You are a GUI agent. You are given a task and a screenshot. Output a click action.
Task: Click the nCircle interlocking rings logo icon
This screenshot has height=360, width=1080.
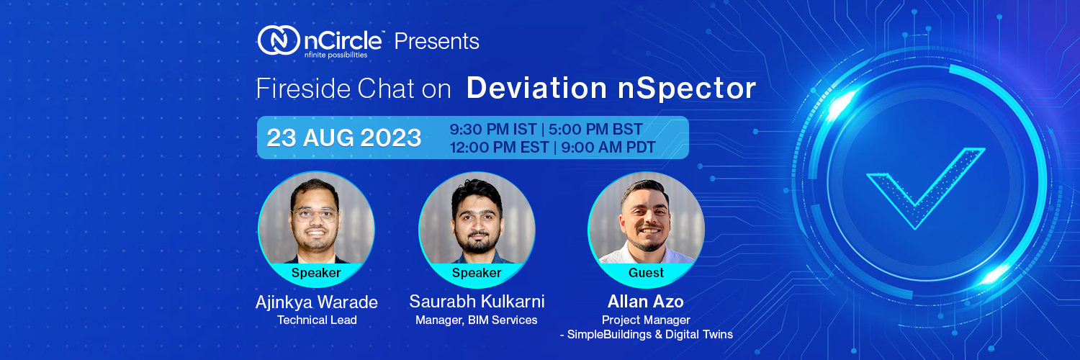click(x=278, y=40)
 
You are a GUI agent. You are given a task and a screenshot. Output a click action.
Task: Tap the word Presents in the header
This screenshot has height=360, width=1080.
click(x=436, y=41)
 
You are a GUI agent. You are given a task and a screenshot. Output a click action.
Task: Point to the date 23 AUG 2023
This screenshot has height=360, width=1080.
click(x=343, y=138)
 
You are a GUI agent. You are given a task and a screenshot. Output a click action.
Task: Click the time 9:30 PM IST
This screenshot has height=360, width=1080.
click(x=493, y=130)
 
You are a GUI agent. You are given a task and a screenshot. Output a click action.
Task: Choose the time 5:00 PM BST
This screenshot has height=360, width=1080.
click(x=595, y=130)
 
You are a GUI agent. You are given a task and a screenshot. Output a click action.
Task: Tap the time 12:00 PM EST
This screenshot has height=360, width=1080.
click(x=499, y=148)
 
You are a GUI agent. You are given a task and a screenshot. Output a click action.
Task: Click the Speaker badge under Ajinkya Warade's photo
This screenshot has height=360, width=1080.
click(x=316, y=273)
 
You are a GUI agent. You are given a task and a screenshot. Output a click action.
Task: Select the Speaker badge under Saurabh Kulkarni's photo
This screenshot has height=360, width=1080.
click(x=477, y=273)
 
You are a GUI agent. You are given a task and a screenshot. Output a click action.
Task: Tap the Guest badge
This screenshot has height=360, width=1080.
click(x=646, y=273)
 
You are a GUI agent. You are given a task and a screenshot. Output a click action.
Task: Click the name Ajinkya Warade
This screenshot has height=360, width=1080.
click(x=316, y=302)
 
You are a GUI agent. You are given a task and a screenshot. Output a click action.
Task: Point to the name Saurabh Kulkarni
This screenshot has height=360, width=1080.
click(x=477, y=301)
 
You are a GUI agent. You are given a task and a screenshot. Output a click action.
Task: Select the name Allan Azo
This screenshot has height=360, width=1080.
click(x=646, y=302)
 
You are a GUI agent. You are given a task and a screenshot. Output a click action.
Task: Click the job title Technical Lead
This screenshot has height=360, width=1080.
click(x=317, y=320)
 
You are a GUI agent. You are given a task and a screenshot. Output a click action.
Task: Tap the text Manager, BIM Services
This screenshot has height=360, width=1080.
click(x=477, y=320)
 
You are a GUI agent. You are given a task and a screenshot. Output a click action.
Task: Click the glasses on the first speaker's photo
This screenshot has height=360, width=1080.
click(x=315, y=214)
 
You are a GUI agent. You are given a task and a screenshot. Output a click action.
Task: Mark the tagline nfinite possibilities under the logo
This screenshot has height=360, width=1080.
click(x=336, y=54)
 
